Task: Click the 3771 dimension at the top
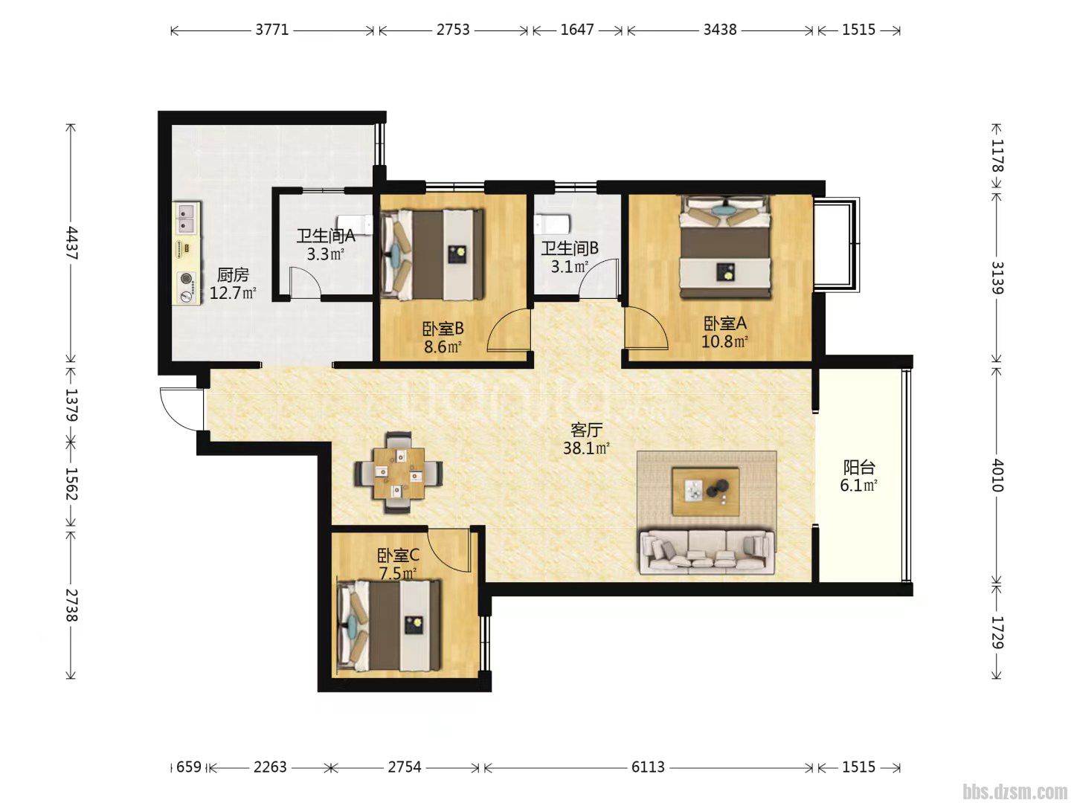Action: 271,30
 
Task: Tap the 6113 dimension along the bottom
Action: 648,767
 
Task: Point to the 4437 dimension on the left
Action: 71,243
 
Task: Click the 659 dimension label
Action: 189,767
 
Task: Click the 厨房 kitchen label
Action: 233,275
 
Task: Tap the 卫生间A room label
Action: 326,236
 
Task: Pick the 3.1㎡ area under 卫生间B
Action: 569,267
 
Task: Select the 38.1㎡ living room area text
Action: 586,448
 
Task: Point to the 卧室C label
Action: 398,555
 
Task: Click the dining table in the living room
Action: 399,472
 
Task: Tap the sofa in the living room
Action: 707,552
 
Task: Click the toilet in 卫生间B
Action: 552,224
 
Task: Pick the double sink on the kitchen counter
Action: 187,218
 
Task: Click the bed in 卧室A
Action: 726,247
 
